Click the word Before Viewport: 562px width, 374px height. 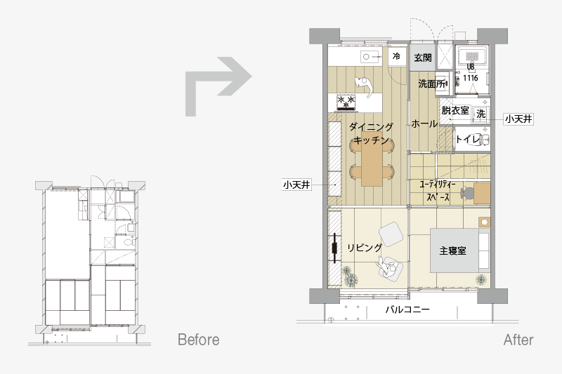point(199,340)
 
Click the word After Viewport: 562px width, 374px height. point(518,340)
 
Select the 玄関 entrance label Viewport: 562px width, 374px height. point(423,58)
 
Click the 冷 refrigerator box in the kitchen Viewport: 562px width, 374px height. point(396,56)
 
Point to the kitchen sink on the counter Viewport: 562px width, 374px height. point(370,57)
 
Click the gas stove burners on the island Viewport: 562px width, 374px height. point(346,102)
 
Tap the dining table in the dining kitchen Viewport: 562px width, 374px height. point(372,163)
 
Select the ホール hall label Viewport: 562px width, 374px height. point(424,123)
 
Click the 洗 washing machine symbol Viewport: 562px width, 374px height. point(481,114)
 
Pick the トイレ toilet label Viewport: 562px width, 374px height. point(467,139)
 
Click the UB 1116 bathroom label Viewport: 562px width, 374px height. point(471,72)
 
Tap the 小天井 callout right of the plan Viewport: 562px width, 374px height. point(518,119)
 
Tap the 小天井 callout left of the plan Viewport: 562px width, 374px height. point(296,185)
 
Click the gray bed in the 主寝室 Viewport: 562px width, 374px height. point(455,251)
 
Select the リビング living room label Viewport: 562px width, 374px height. point(365,248)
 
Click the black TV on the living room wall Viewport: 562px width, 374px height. point(335,248)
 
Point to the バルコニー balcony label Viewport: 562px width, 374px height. point(407,309)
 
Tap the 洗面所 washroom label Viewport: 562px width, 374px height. point(432,84)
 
